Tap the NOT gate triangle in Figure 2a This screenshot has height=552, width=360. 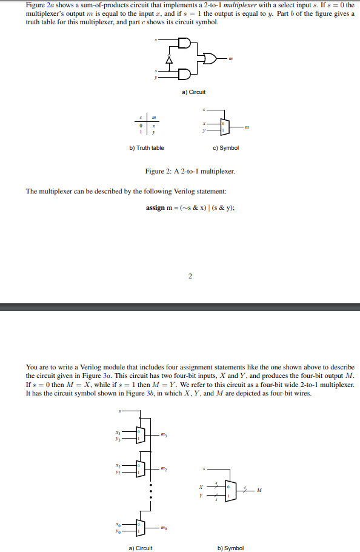tap(170, 59)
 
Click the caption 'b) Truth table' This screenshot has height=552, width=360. tap(147, 147)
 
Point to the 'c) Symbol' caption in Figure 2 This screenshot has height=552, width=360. tap(225, 147)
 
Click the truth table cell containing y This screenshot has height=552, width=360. tap(154, 132)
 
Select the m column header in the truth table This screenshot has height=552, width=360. tap(154, 118)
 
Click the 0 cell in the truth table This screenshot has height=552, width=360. tap(141, 126)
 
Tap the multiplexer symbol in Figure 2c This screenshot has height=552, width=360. tap(222, 126)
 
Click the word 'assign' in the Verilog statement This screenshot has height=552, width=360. tap(155, 207)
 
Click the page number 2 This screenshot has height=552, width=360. tap(190, 277)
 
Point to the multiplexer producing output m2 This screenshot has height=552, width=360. tap(141, 467)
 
